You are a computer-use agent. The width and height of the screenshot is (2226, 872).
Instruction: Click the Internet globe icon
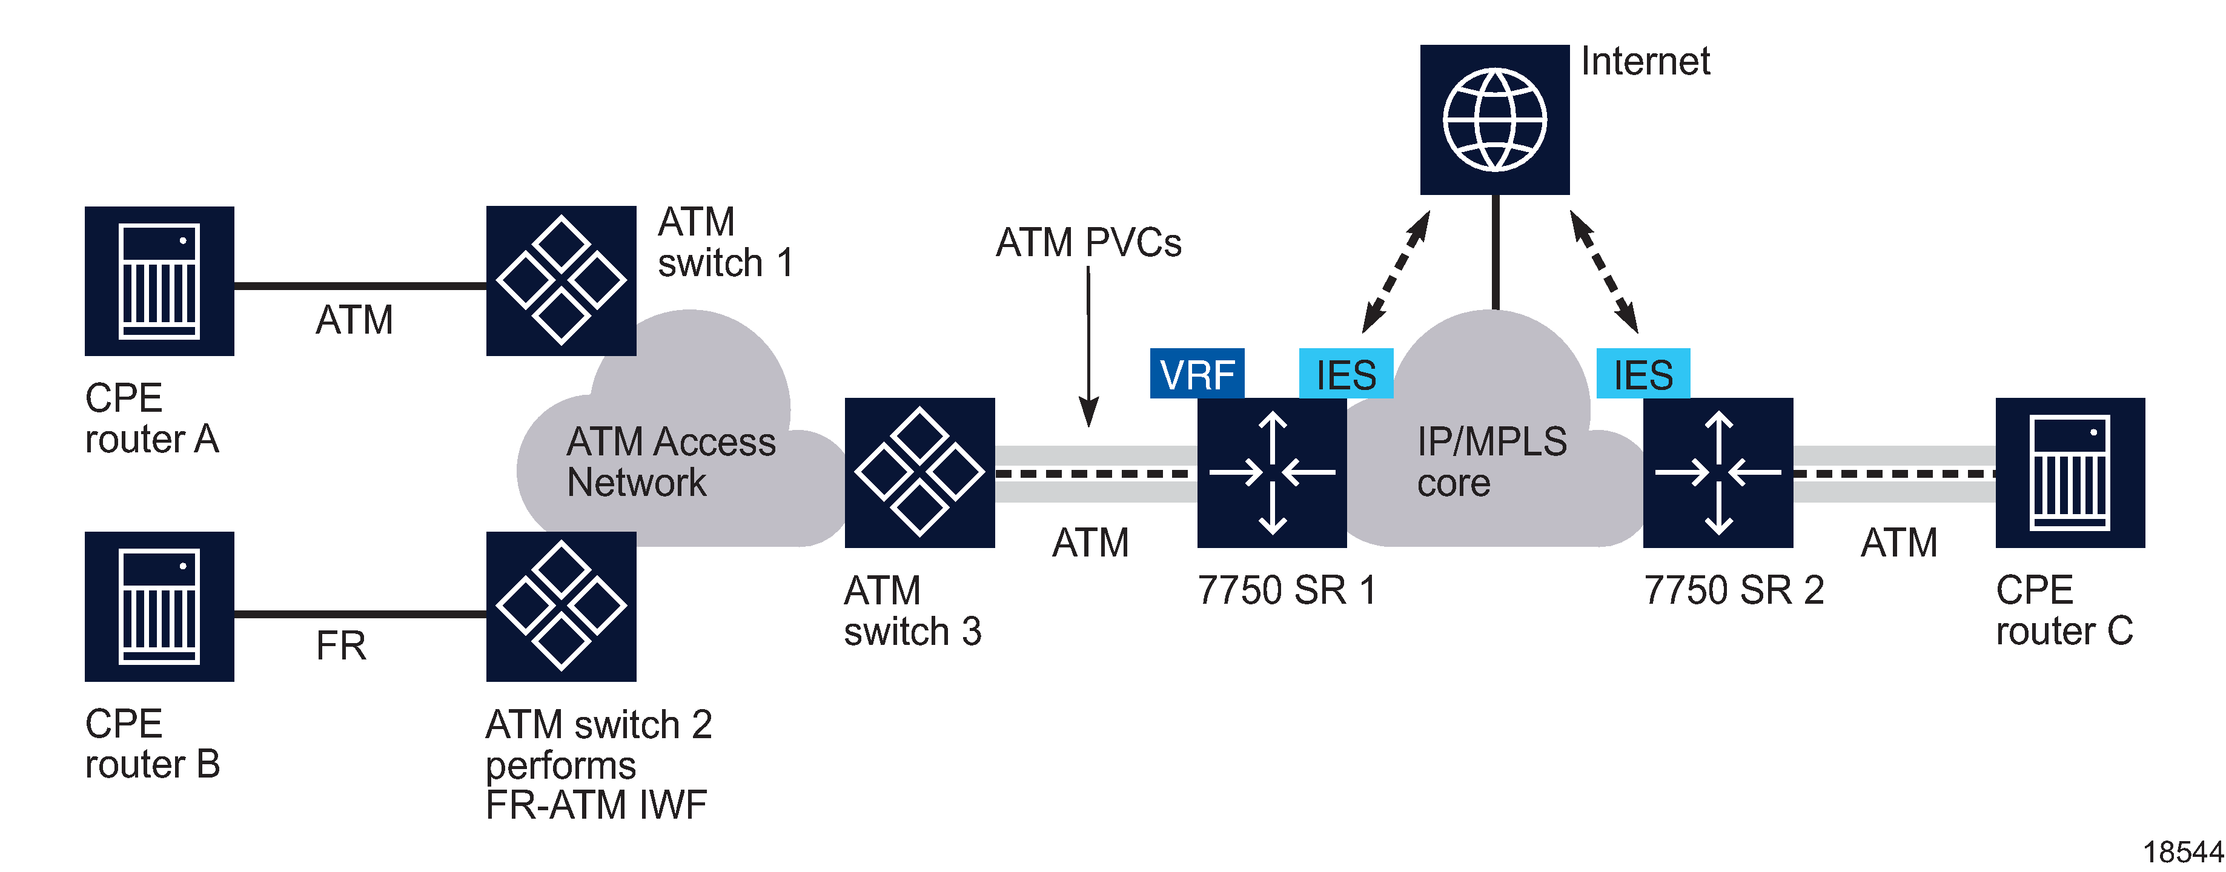pyautogui.click(x=1494, y=119)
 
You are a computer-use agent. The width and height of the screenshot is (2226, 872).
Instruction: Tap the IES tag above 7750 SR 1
pyautogui.click(x=1345, y=374)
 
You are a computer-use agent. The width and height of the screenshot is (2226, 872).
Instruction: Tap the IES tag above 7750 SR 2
pyautogui.click(x=1642, y=374)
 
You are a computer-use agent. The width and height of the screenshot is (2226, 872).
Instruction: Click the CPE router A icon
pyautogui.click(x=159, y=281)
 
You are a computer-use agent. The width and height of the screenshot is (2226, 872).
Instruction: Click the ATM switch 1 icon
pyautogui.click(x=561, y=281)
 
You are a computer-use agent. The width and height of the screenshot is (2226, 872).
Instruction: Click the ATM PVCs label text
pyautogui.click(x=1087, y=243)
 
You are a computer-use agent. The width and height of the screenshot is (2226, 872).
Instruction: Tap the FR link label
pyautogui.click(x=340, y=646)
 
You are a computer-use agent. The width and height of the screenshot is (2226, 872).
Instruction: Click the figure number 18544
pyautogui.click(x=2181, y=852)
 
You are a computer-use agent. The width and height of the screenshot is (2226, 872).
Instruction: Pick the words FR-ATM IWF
pyautogui.click(x=595, y=805)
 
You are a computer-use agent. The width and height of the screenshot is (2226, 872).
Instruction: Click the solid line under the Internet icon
pyautogui.click(x=1495, y=251)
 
